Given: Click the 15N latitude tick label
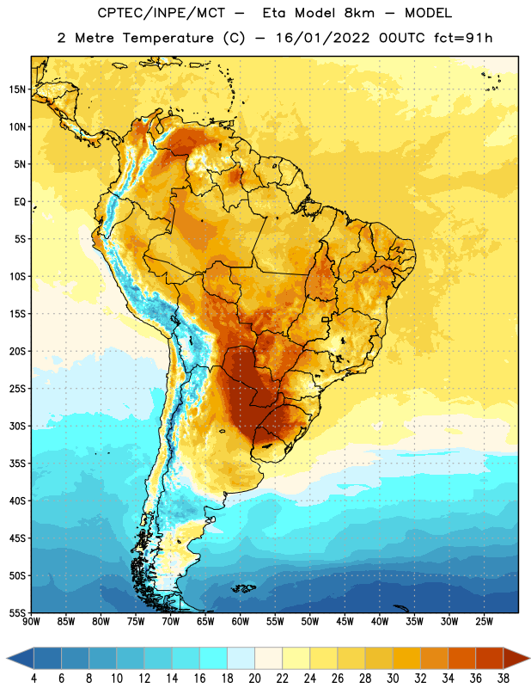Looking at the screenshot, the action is pyautogui.click(x=17, y=89).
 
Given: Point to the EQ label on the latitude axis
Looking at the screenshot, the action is pyautogui.click(x=20, y=202).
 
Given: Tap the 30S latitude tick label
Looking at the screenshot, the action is pyautogui.click(x=17, y=426).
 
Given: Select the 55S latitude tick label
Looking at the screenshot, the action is pyautogui.click(x=17, y=612).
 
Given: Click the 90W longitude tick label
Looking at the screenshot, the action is pyautogui.click(x=31, y=621).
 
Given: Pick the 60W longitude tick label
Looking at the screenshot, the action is pyautogui.click(x=241, y=621).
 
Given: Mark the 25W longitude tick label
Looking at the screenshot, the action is pyautogui.click(x=484, y=621).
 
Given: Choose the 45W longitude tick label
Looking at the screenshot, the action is pyautogui.click(x=345, y=621).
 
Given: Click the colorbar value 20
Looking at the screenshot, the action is pyautogui.click(x=254, y=679).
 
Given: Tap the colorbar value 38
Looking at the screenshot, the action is pyautogui.click(x=503, y=679).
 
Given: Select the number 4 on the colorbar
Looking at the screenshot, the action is pyautogui.click(x=34, y=679).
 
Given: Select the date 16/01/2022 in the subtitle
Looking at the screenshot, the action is pyautogui.click(x=323, y=38).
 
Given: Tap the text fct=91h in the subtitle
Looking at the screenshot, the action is pyautogui.click(x=463, y=38).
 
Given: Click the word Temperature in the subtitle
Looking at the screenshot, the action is pyautogui.click(x=168, y=38).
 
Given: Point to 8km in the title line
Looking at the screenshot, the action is pyautogui.click(x=359, y=13).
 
